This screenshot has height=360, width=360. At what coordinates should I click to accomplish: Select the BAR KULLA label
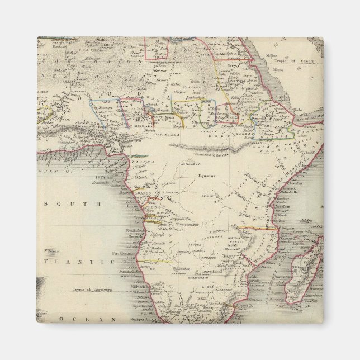168,135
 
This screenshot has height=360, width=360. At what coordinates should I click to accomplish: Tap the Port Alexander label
124,252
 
